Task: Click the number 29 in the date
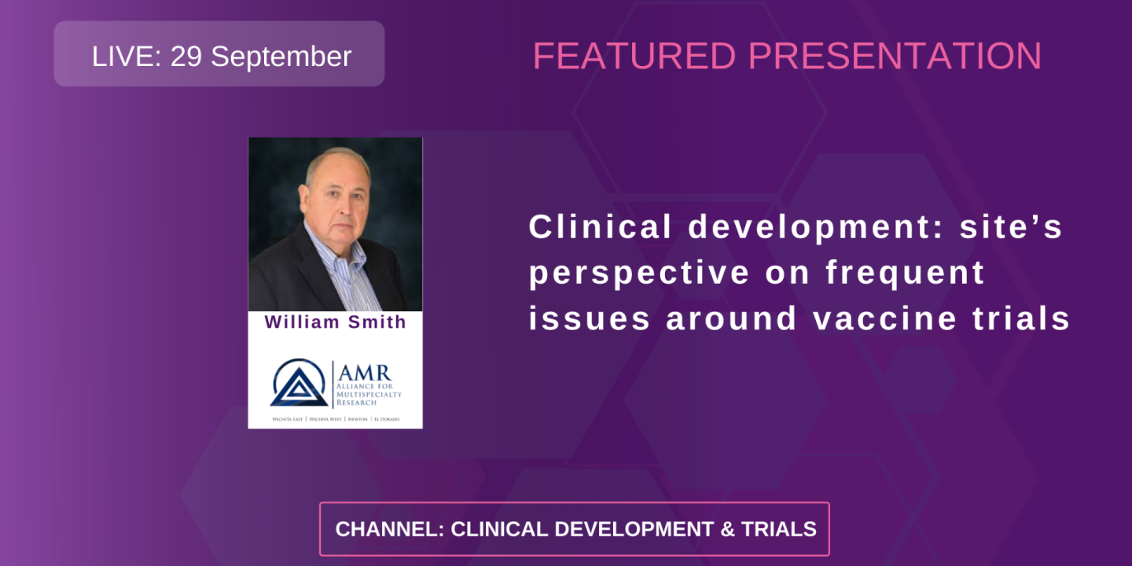pos(186,57)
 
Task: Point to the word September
pos(281,57)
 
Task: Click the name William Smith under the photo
pos(335,322)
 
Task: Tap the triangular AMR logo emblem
pos(299,383)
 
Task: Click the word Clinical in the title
pos(601,227)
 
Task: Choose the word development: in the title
pos(816,227)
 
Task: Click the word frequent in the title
pos(905,273)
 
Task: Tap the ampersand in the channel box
pos(728,529)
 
